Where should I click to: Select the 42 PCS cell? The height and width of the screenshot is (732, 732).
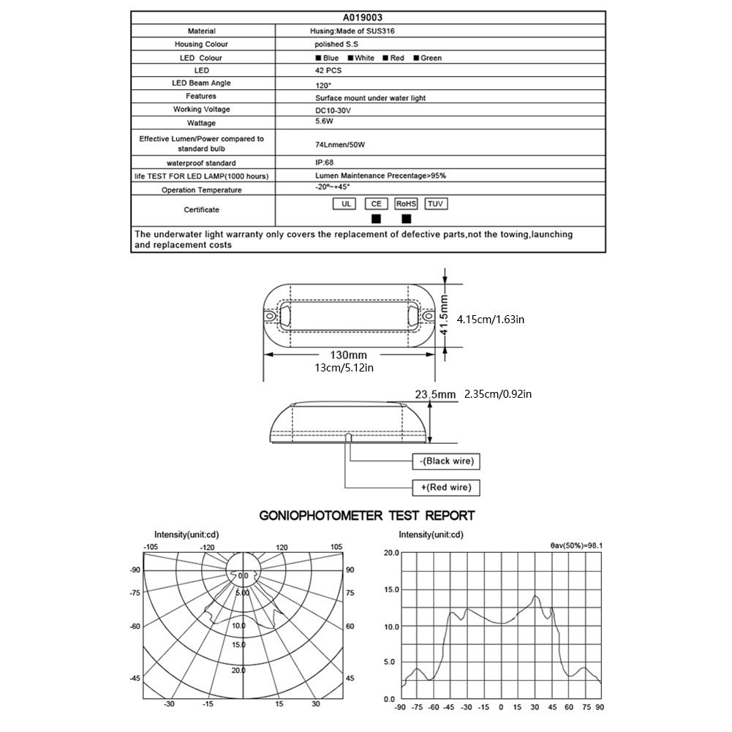point(328,70)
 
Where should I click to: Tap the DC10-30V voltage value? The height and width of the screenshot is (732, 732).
point(333,110)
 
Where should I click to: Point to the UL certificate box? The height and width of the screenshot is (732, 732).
point(344,204)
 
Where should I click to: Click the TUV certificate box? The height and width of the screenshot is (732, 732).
point(435,204)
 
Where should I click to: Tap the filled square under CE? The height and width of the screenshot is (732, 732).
point(376,218)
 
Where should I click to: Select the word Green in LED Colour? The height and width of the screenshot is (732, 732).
point(431,58)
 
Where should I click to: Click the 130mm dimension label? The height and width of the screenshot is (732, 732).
point(350,355)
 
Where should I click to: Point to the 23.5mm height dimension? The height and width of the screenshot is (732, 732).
point(435,395)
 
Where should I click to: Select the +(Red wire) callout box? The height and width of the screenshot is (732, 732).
point(446,487)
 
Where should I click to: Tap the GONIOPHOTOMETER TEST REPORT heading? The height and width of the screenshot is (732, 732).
point(367,516)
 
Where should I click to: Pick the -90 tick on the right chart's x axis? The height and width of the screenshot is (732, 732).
point(399,707)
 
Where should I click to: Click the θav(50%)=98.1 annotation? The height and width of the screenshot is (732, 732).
point(581,545)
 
